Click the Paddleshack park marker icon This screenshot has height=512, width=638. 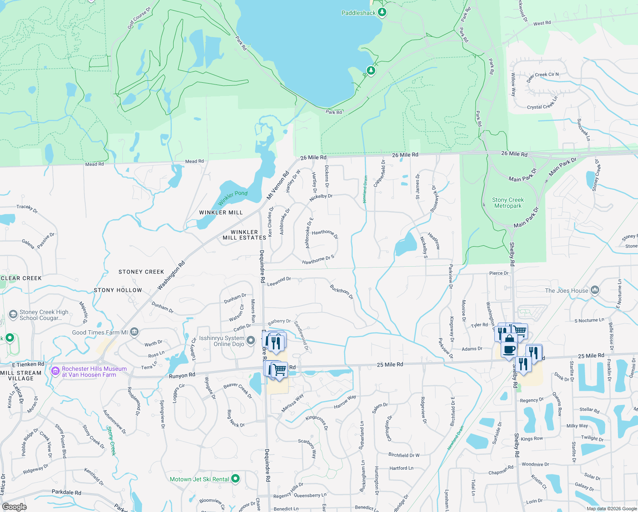pos(382,12)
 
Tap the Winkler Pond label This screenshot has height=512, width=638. pos(233,197)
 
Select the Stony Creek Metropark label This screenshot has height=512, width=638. pos(507,203)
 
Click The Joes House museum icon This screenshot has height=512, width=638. pos(595,290)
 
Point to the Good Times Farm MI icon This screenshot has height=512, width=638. pos(134,332)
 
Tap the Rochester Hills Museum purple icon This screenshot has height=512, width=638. pos(55,371)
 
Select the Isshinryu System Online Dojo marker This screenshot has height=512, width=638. pos(251,340)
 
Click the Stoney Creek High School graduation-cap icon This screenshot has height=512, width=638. pos(13,314)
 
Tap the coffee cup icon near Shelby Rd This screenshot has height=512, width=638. pos(509,349)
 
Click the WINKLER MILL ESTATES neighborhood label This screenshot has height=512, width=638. pos(244,235)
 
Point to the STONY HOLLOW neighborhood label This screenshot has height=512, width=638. pos(118,290)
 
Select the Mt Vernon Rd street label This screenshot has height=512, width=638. pos(278,186)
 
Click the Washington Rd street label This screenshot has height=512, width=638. pos(171,276)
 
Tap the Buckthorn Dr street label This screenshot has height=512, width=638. pos(342,292)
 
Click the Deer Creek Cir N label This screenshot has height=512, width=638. pos(542,77)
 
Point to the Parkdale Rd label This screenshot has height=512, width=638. pos(66,492)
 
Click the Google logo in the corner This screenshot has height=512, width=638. pos(14,507)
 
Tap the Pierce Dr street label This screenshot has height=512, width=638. pos(499,273)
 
